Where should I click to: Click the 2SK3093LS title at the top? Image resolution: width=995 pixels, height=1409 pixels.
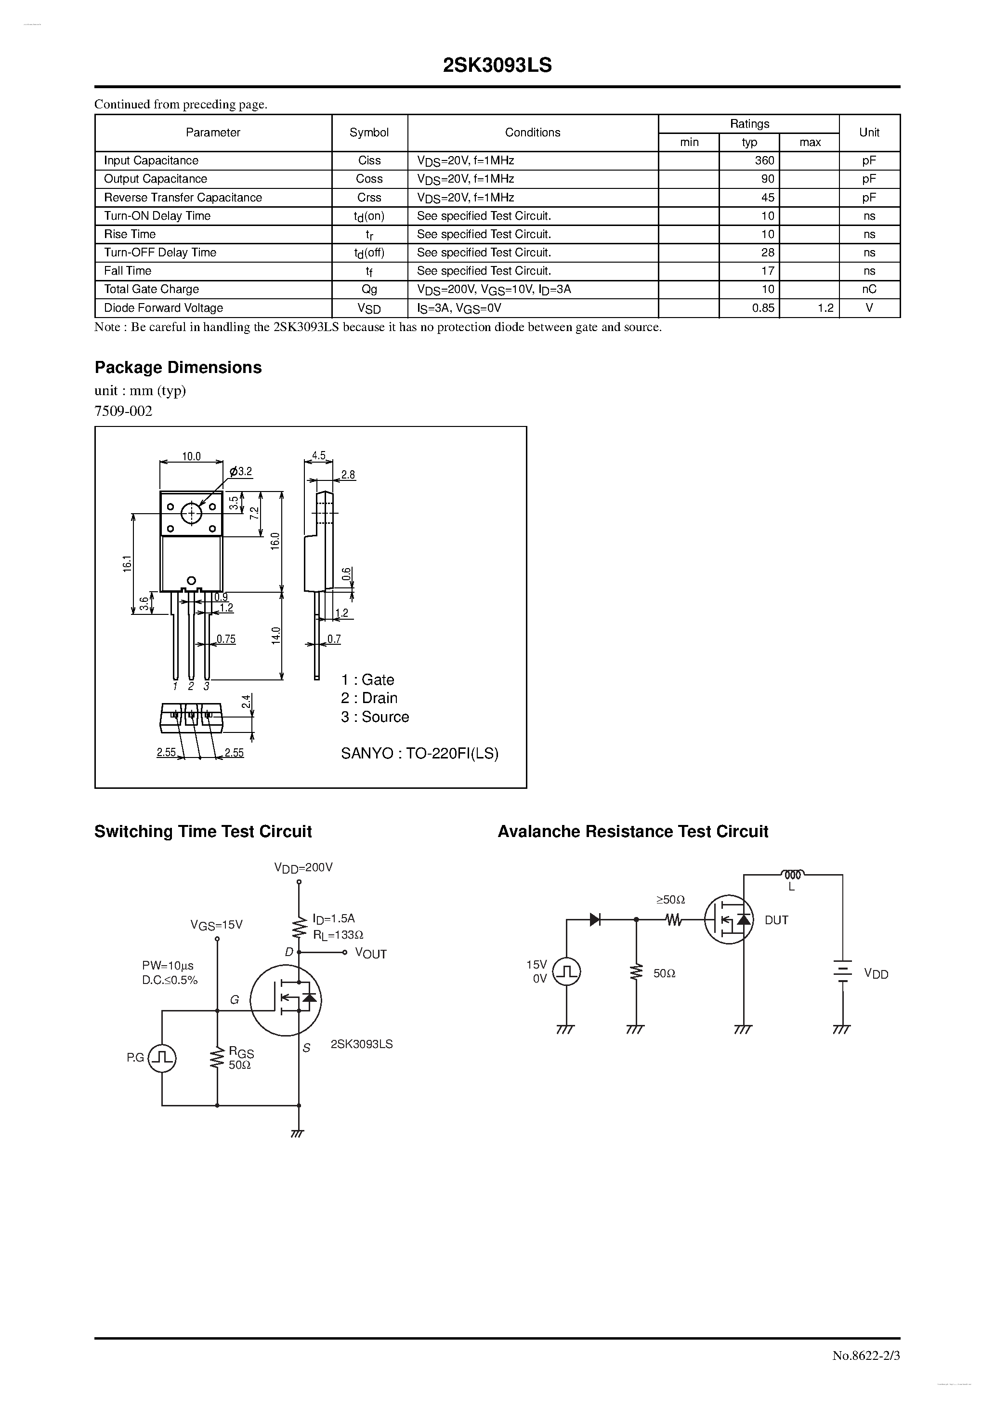(497, 66)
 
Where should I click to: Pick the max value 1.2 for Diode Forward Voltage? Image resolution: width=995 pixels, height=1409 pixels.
(825, 308)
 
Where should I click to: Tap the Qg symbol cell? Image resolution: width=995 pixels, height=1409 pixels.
(369, 290)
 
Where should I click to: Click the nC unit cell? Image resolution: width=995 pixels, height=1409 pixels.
(869, 290)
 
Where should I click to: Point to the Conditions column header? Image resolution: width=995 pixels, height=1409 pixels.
(533, 133)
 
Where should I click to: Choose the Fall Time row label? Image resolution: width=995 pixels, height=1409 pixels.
(128, 271)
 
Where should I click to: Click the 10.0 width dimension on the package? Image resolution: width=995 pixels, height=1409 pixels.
(191, 456)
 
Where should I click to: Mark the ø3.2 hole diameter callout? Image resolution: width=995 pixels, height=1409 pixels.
(241, 472)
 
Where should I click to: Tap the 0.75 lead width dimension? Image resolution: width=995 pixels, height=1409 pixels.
(226, 639)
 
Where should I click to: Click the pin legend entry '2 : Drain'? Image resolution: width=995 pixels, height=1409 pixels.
(369, 698)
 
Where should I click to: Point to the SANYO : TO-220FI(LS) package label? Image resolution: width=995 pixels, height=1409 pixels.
(419, 754)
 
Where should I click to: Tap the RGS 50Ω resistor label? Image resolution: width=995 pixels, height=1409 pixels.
(240, 1059)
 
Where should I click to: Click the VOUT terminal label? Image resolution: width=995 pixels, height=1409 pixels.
(370, 954)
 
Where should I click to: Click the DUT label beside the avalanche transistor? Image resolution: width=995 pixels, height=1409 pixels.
(776, 920)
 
